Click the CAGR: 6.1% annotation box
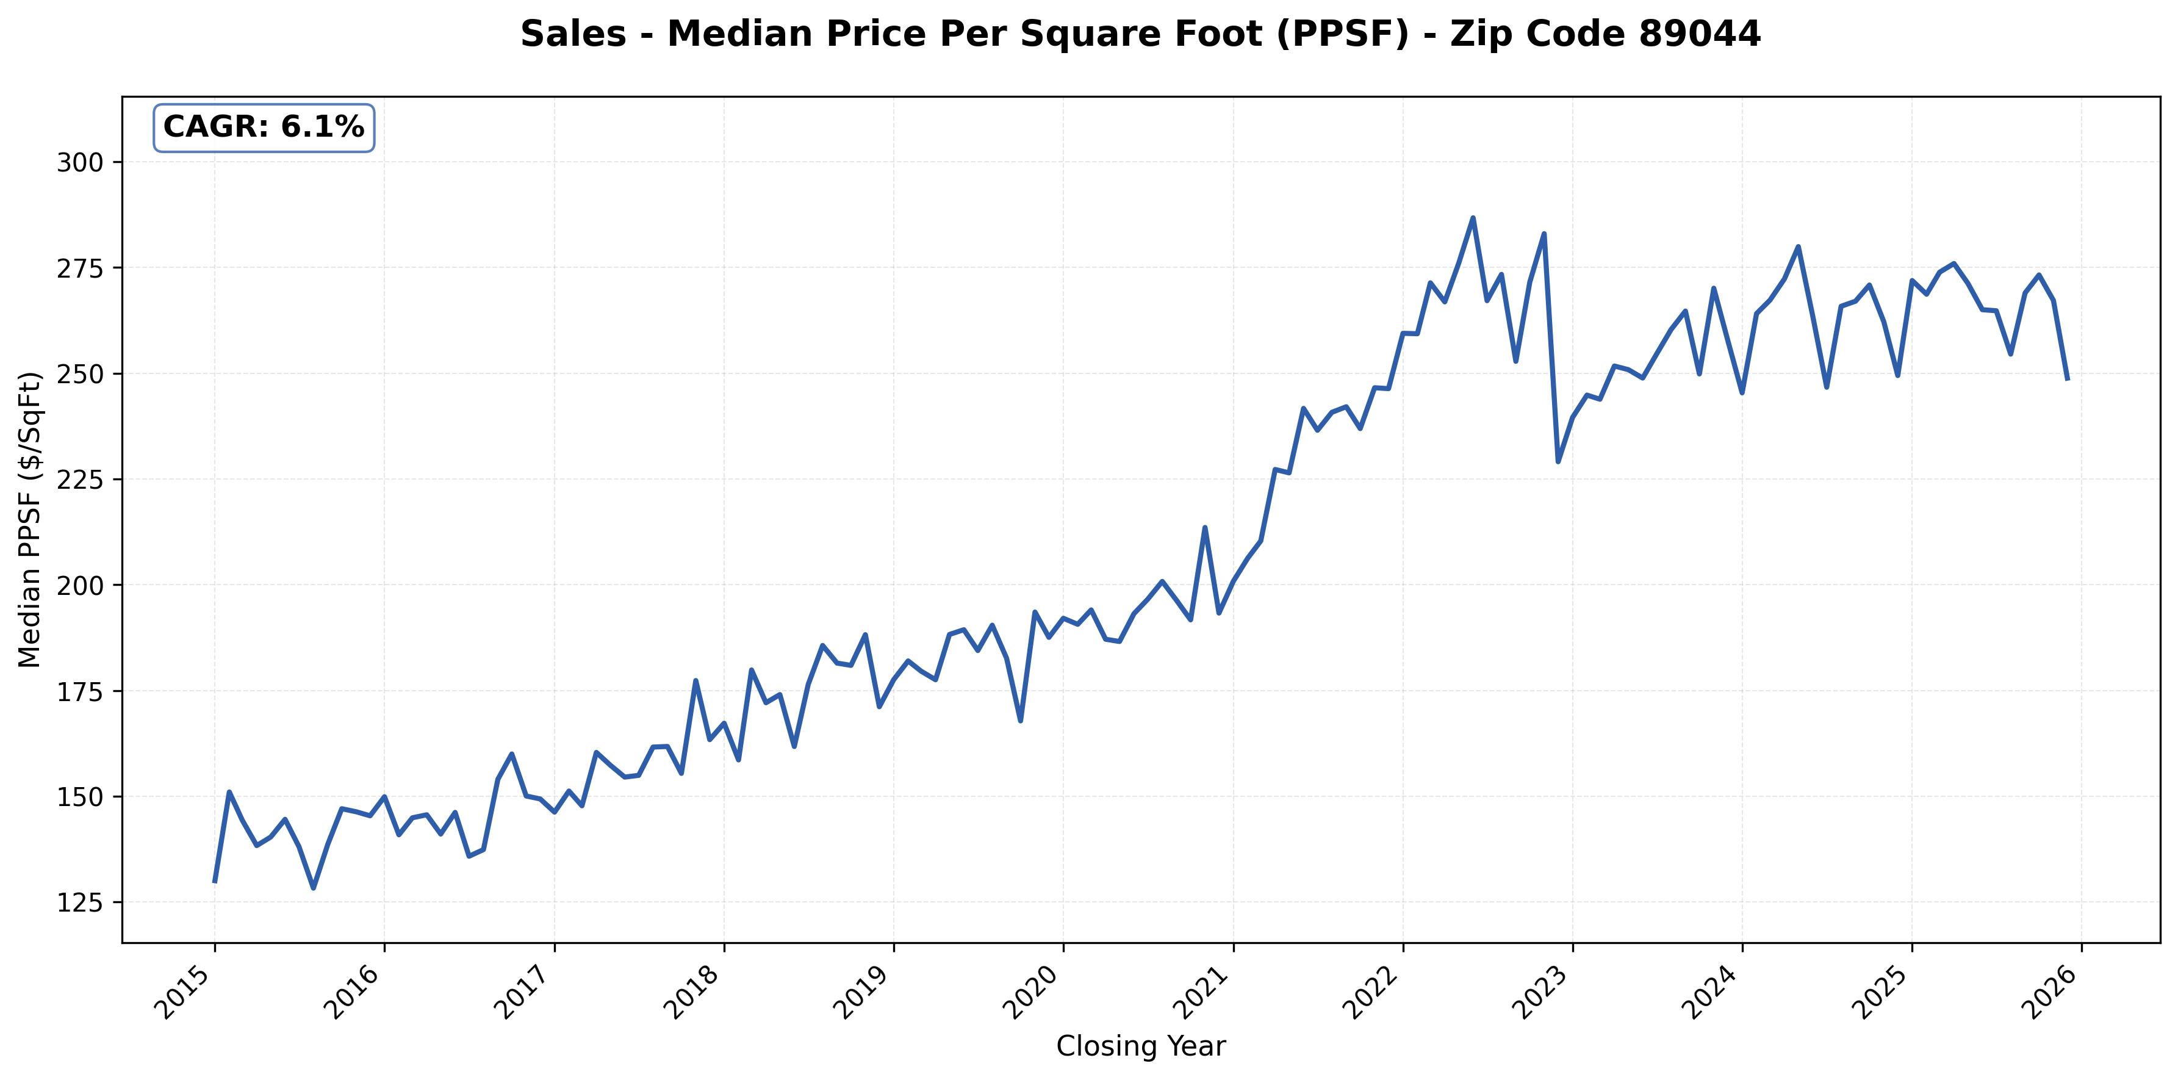pyautogui.click(x=263, y=128)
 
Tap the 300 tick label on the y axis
pyautogui.click(x=79, y=162)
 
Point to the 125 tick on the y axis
pyautogui.click(x=79, y=903)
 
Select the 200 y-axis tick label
pyautogui.click(x=79, y=585)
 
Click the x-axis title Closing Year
pyautogui.click(x=1141, y=1047)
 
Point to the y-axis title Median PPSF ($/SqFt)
pyautogui.click(x=30, y=519)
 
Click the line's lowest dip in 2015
pyautogui.click(x=314, y=888)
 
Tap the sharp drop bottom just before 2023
pyautogui.click(x=1558, y=462)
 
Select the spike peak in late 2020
pyautogui.click(x=1205, y=528)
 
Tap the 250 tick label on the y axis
pyautogui.click(x=79, y=374)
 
